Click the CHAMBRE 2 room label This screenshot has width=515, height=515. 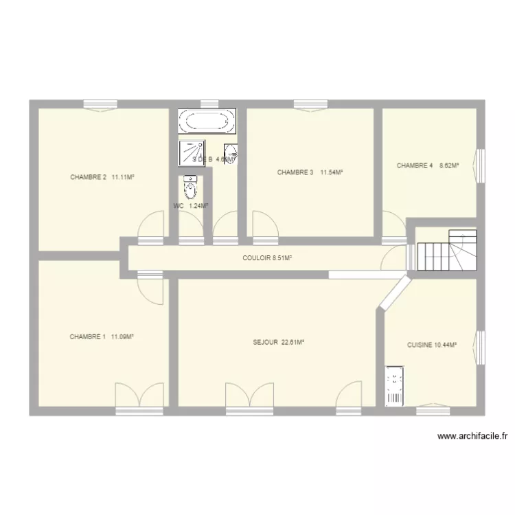102,177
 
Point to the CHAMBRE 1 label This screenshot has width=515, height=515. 101,336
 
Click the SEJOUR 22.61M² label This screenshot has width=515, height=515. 278,341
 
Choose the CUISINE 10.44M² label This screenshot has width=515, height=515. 432,345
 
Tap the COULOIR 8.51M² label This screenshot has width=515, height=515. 268,258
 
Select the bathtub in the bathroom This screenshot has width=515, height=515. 206,122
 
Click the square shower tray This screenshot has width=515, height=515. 192,153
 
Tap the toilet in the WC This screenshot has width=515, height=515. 190,186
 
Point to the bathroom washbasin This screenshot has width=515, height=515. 231,153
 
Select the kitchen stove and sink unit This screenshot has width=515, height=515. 395,387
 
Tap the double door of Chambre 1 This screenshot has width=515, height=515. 140,397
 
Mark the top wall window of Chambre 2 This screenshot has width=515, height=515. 101,104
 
